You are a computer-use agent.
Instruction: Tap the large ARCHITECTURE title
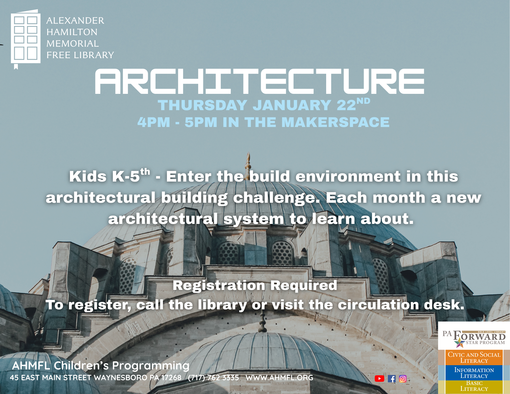[260, 81]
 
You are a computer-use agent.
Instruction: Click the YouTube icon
[379, 379]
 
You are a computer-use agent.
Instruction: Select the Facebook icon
[392, 379]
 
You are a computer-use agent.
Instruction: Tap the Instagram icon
[403, 379]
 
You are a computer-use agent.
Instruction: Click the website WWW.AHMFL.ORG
[279, 378]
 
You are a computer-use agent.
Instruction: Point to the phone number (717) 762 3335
[213, 378]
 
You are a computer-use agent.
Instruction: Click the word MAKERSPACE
[335, 122]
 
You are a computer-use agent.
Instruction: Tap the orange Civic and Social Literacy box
[474, 357]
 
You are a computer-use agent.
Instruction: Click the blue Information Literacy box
[474, 373]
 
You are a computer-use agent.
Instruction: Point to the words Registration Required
[255, 285]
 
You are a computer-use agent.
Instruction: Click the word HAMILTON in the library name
[72, 32]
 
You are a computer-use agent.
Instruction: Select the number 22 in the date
[346, 105]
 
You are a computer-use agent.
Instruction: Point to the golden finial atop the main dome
[248, 163]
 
